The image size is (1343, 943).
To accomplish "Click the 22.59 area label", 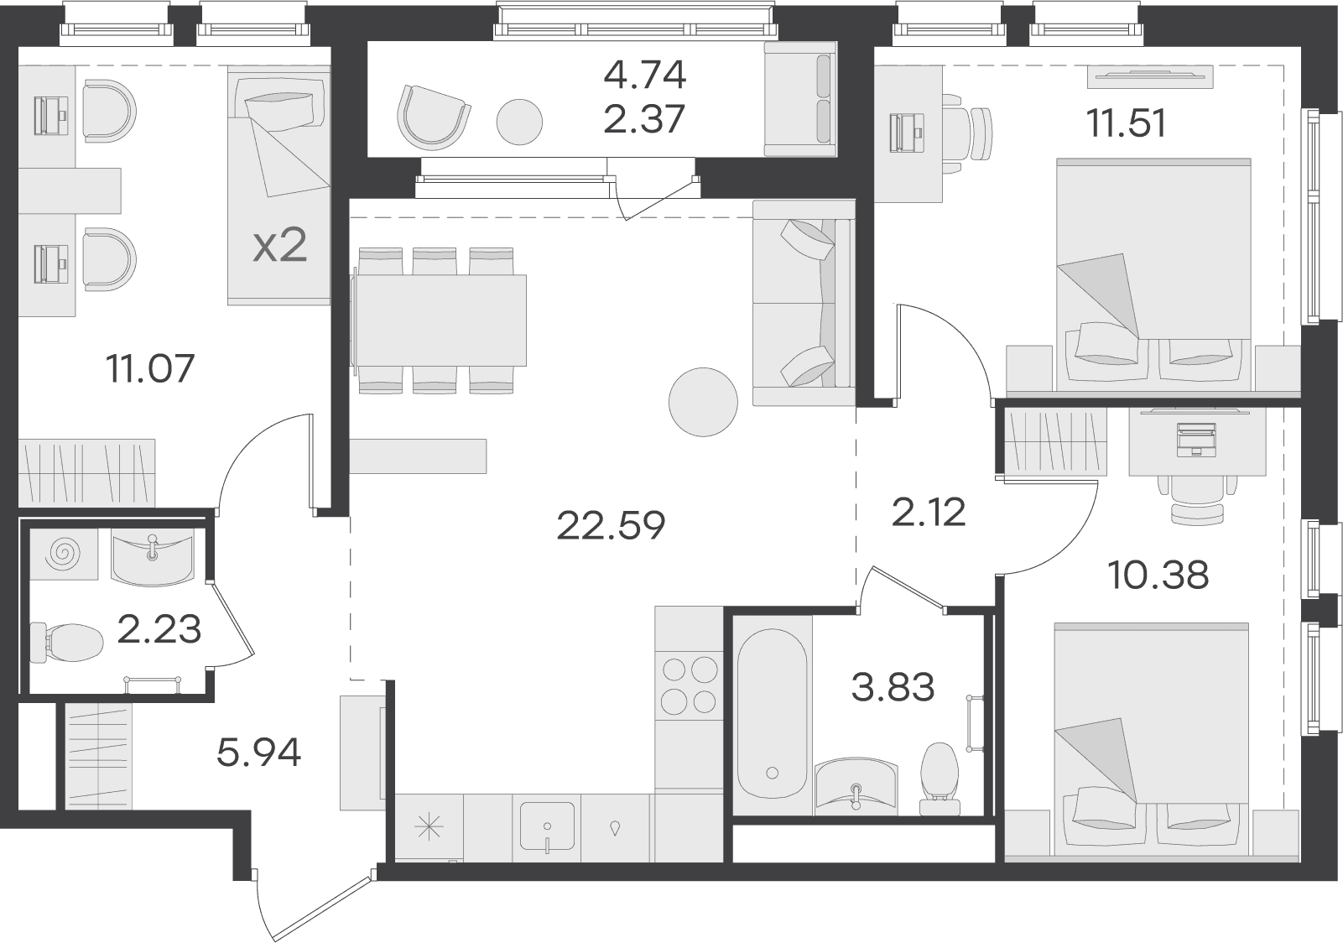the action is tap(611, 526).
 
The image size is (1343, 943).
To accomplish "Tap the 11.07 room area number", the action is tap(150, 368).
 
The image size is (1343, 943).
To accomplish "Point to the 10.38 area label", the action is tap(1158, 575).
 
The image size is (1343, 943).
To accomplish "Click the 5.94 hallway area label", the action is tap(258, 753).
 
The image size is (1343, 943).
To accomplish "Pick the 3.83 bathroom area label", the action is tap(893, 687).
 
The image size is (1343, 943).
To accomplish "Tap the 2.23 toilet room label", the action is tap(159, 629).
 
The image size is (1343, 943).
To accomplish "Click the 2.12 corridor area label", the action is tap(929, 513).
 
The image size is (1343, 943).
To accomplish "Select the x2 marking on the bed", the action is tap(280, 247).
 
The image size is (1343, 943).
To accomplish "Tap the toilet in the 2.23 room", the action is tap(66, 643).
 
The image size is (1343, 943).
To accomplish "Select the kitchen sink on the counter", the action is tap(547, 827).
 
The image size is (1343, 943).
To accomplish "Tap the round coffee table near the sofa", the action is tap(703, 402).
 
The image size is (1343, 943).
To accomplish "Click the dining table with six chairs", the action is tap(441, 320).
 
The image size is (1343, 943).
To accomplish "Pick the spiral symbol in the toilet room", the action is tap(64, 554).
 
